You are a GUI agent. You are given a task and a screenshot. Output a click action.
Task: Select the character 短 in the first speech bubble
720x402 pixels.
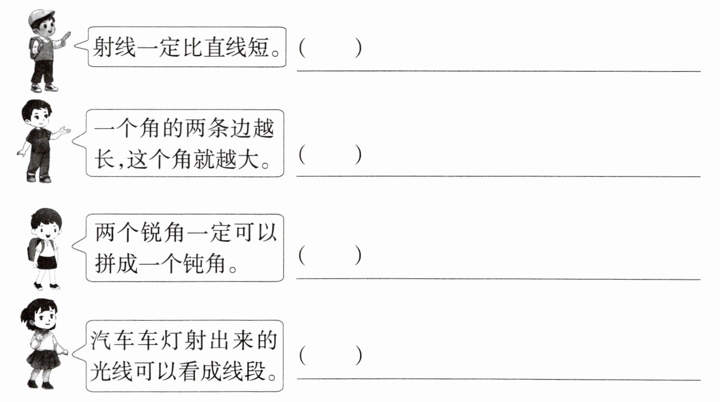coord(259,47)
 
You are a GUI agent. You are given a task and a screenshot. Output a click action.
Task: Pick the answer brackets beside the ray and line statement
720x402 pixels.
coord(330,48)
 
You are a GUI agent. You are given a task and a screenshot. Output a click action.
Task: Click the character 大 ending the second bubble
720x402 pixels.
coord(249,159)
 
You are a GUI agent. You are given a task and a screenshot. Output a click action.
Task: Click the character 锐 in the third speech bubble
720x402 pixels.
coord(151,232)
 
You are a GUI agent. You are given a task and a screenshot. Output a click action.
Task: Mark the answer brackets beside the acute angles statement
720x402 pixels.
coord(330,255)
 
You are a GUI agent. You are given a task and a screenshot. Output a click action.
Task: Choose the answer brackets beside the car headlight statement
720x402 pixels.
coord(330,355)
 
